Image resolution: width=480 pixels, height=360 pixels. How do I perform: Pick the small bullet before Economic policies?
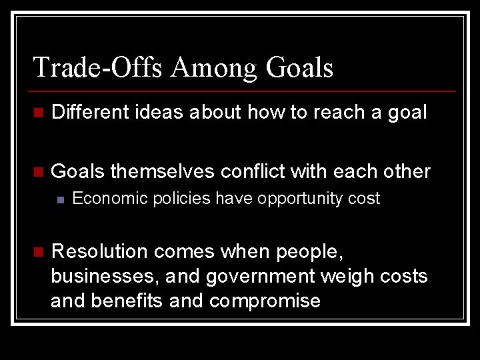point(61,199)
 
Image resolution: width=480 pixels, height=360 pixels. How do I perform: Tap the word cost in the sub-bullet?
point(366,199)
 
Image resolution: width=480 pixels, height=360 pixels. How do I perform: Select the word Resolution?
point(99,252)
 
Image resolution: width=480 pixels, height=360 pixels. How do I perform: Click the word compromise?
point(265,301)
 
